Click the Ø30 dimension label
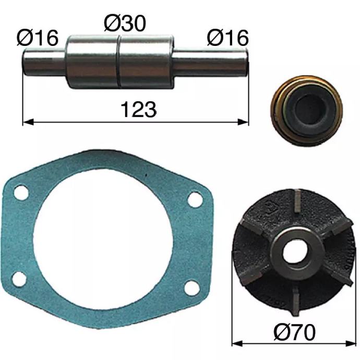(125, 23)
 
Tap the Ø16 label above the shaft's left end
(38, 38)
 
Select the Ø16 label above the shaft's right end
(228, 38)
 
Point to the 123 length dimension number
(138, 110)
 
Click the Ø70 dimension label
(295, 332)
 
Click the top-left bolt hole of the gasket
(21, 193)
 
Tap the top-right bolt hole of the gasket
(195, 199)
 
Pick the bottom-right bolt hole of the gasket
(192, 287)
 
